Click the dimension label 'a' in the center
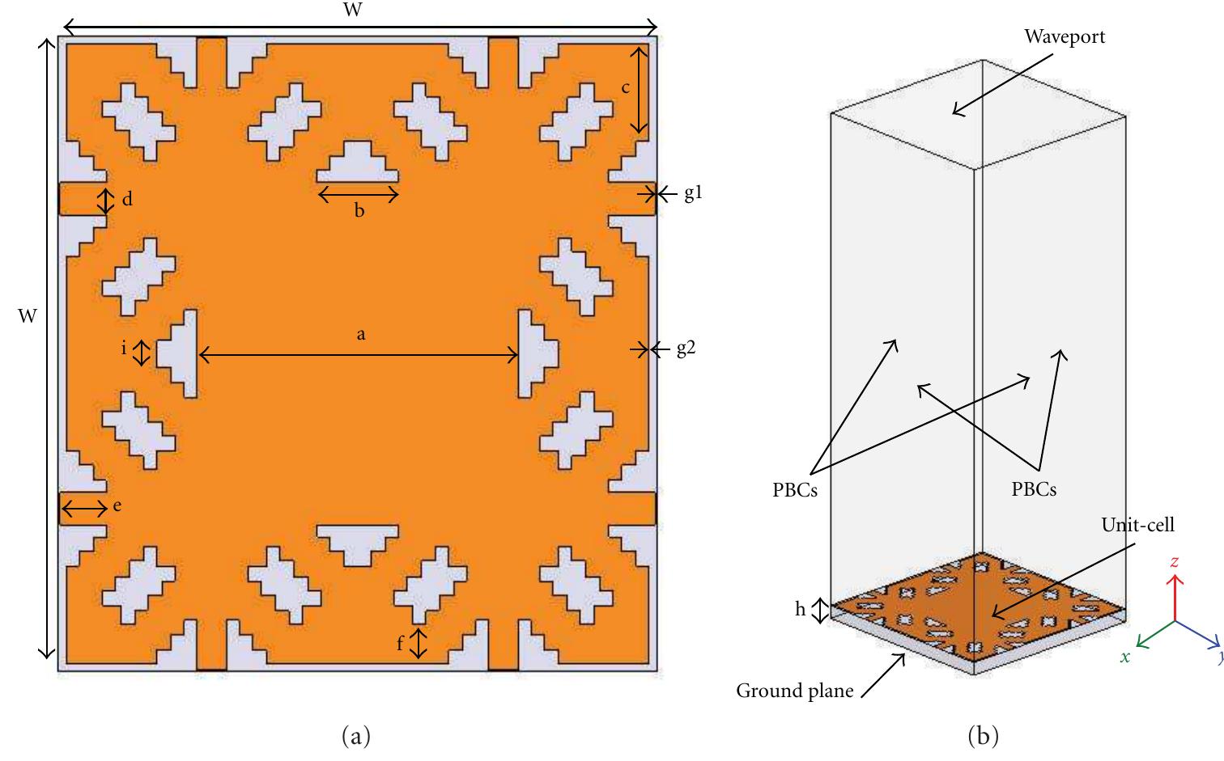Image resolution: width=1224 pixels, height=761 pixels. point(361,335)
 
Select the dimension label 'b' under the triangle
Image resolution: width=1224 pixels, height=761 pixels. point(359,210)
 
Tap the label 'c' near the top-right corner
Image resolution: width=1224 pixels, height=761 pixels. point(626,87)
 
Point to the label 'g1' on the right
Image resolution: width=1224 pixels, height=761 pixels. point(694,193)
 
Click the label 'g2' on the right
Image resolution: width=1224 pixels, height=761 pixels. point(686,349)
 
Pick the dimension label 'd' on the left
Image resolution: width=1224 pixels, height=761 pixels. point(127,199)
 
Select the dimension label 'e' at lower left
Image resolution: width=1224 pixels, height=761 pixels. point(117,505)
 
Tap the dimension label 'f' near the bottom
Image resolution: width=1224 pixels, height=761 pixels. point(400,643)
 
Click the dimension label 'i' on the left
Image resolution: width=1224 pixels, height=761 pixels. point(124,348)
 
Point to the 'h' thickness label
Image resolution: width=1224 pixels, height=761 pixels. point(800,609)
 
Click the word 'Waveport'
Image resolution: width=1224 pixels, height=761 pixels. point(1065,36)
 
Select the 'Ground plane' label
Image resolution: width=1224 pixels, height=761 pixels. point(794,691)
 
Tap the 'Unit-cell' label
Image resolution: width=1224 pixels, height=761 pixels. point(1137,525)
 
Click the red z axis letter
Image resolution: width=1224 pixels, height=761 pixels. point(1174,562)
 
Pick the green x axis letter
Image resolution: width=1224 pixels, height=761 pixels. point(1124,657)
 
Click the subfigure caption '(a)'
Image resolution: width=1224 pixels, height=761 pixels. point(356,736)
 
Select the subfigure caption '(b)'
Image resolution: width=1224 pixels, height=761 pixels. point(983,736)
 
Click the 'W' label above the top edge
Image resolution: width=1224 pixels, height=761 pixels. point(353,9)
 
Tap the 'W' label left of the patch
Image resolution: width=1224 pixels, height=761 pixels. point(28,315)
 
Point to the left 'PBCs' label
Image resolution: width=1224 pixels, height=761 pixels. point(794,490)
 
